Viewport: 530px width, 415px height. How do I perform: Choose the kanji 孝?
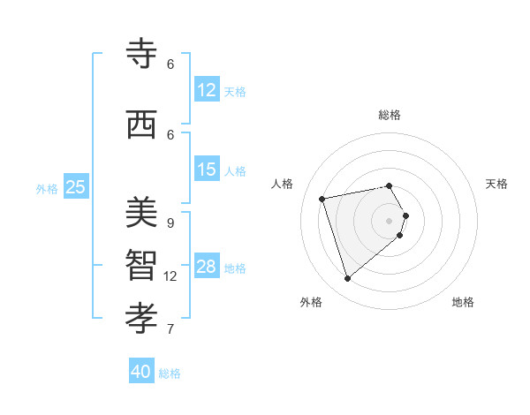141,315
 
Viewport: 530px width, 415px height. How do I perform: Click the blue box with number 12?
207,90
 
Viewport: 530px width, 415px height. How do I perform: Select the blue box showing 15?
207,170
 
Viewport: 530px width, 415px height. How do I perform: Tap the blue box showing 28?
207,267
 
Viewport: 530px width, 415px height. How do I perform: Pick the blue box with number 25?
75,186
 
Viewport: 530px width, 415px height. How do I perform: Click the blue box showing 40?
141,372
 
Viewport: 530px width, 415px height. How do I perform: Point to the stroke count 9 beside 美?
170,223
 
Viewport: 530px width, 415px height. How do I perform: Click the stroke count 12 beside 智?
170,275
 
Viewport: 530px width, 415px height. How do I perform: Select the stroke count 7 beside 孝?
170,328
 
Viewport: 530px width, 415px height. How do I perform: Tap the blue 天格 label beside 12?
235,91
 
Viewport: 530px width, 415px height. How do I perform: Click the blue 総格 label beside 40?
170,373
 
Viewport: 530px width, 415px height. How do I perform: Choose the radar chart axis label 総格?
390,115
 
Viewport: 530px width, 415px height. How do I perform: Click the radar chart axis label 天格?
496,184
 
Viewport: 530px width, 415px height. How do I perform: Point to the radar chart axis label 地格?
463,302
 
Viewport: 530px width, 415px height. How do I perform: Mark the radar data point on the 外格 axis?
347,279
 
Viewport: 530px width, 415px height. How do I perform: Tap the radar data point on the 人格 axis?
322,198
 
